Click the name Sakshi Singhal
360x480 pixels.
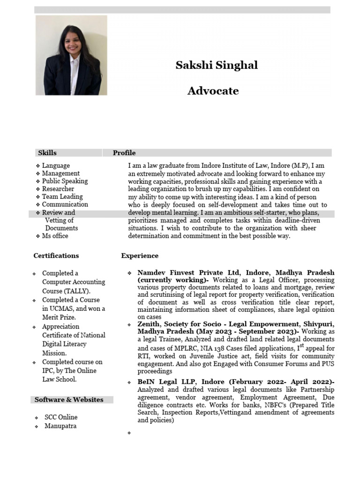(217, 65)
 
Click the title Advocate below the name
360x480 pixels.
(213, 91)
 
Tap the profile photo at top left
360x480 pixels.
(71, 55)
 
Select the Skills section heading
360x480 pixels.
(47, 153)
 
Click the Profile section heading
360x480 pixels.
(124, 153)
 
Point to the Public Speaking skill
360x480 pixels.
(65, 181)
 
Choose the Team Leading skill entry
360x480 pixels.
(62, 197)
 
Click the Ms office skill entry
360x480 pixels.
(55, 236)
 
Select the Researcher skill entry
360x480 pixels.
(58, 189)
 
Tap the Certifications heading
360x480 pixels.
(56, 256)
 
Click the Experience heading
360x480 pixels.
(140, 256)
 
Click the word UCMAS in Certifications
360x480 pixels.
(64, 309)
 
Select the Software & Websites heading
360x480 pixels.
(69, 400)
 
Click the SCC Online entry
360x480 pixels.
(61, 417)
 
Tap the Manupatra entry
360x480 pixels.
(60, 426)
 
